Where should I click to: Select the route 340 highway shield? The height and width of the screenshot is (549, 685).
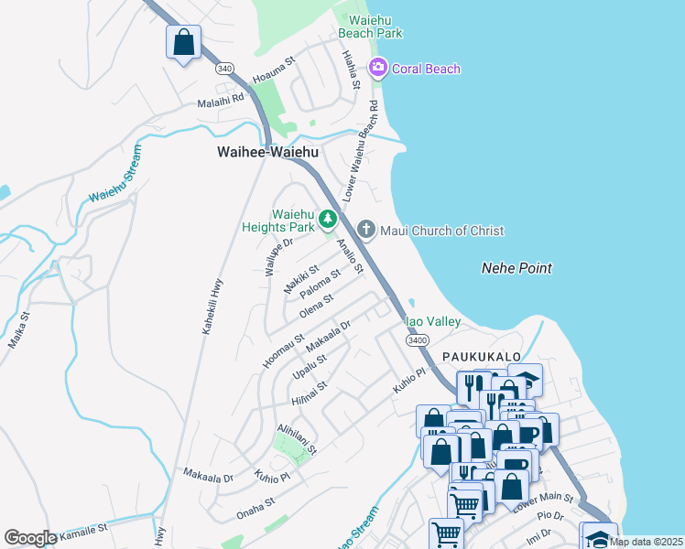pyautogui.click(x=224, y=69)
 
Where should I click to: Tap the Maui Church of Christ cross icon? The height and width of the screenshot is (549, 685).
pyautogui.click(x=366, y=230)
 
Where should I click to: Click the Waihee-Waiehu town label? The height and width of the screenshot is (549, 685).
pyautogui.click(x=267, y=153)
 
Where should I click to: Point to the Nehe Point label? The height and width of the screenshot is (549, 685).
pyautogui.click(x=516, y=268)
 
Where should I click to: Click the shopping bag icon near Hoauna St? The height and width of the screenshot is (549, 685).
pyautogui.click(x=183, y=42)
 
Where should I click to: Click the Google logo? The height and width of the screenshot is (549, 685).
pyautogui.click(x=30, y=538)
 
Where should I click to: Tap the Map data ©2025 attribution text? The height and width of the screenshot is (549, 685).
pyautogui.click(x=645, y=542)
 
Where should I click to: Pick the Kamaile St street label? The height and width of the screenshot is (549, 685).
pyautogui.click(x=82, y=530)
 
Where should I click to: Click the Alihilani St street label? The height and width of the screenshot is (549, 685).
pyautogui.click(x=297, y=439)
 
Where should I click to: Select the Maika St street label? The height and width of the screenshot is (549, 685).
pyautogui.click(x=18, y=329)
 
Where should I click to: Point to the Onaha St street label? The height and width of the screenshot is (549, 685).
pyautogui.click(x=256, y=503)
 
